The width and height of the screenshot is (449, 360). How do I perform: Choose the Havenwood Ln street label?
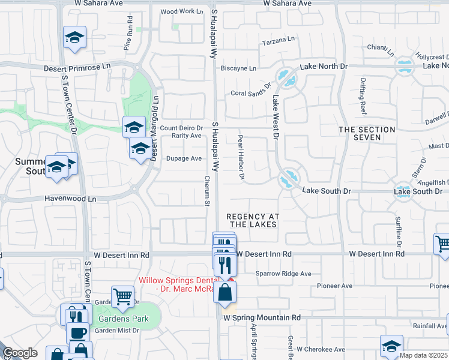click(70, 198)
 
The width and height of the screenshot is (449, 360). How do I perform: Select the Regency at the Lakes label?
click(252, 220)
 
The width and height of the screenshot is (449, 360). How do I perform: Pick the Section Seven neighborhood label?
click(367, 133)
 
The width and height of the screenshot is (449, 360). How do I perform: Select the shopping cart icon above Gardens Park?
click(122, 296)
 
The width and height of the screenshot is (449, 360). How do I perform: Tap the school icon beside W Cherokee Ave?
click(391, 346)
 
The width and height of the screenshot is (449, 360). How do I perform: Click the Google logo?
click(20, 353)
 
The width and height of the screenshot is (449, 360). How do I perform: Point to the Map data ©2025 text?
click(423, 355)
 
